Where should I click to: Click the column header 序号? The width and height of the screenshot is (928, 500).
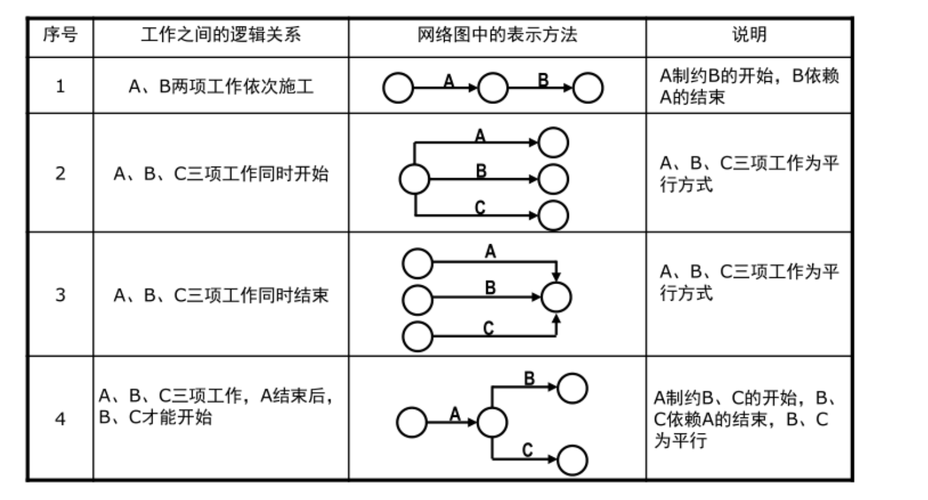pos(60,35)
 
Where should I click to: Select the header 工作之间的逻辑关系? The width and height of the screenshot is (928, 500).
pos(220,35)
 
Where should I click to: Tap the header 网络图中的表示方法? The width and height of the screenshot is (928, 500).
pos(497,35)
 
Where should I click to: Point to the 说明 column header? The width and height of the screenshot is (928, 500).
pos(748,35)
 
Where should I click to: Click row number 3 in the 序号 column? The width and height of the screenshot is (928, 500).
pos(60,295)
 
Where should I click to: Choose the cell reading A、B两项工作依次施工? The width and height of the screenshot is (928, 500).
pos(221,86)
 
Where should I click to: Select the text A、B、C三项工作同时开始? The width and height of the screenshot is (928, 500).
pos(221,174)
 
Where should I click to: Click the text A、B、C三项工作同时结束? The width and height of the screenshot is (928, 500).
pos(221,295)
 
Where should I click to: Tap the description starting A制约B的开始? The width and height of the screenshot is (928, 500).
pos(748,86)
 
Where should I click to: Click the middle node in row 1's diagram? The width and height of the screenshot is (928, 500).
pos(493,88)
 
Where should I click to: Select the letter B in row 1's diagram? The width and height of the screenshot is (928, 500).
pos(543,79)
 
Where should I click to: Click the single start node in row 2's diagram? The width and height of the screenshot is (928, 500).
pos(414,180)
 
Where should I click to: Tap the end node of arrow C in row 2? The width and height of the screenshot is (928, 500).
pos(553,216)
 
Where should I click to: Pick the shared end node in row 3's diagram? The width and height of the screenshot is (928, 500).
pos(556,297)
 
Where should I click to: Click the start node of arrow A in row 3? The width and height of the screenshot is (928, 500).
pos(418,263)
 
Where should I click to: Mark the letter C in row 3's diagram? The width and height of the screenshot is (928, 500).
pos(488,328)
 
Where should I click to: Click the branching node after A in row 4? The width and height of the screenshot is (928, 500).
pos(492,423)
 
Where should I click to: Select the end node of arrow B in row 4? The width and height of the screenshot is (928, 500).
pos(572,387)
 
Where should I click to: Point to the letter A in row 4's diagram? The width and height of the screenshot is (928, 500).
pos(454,414)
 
